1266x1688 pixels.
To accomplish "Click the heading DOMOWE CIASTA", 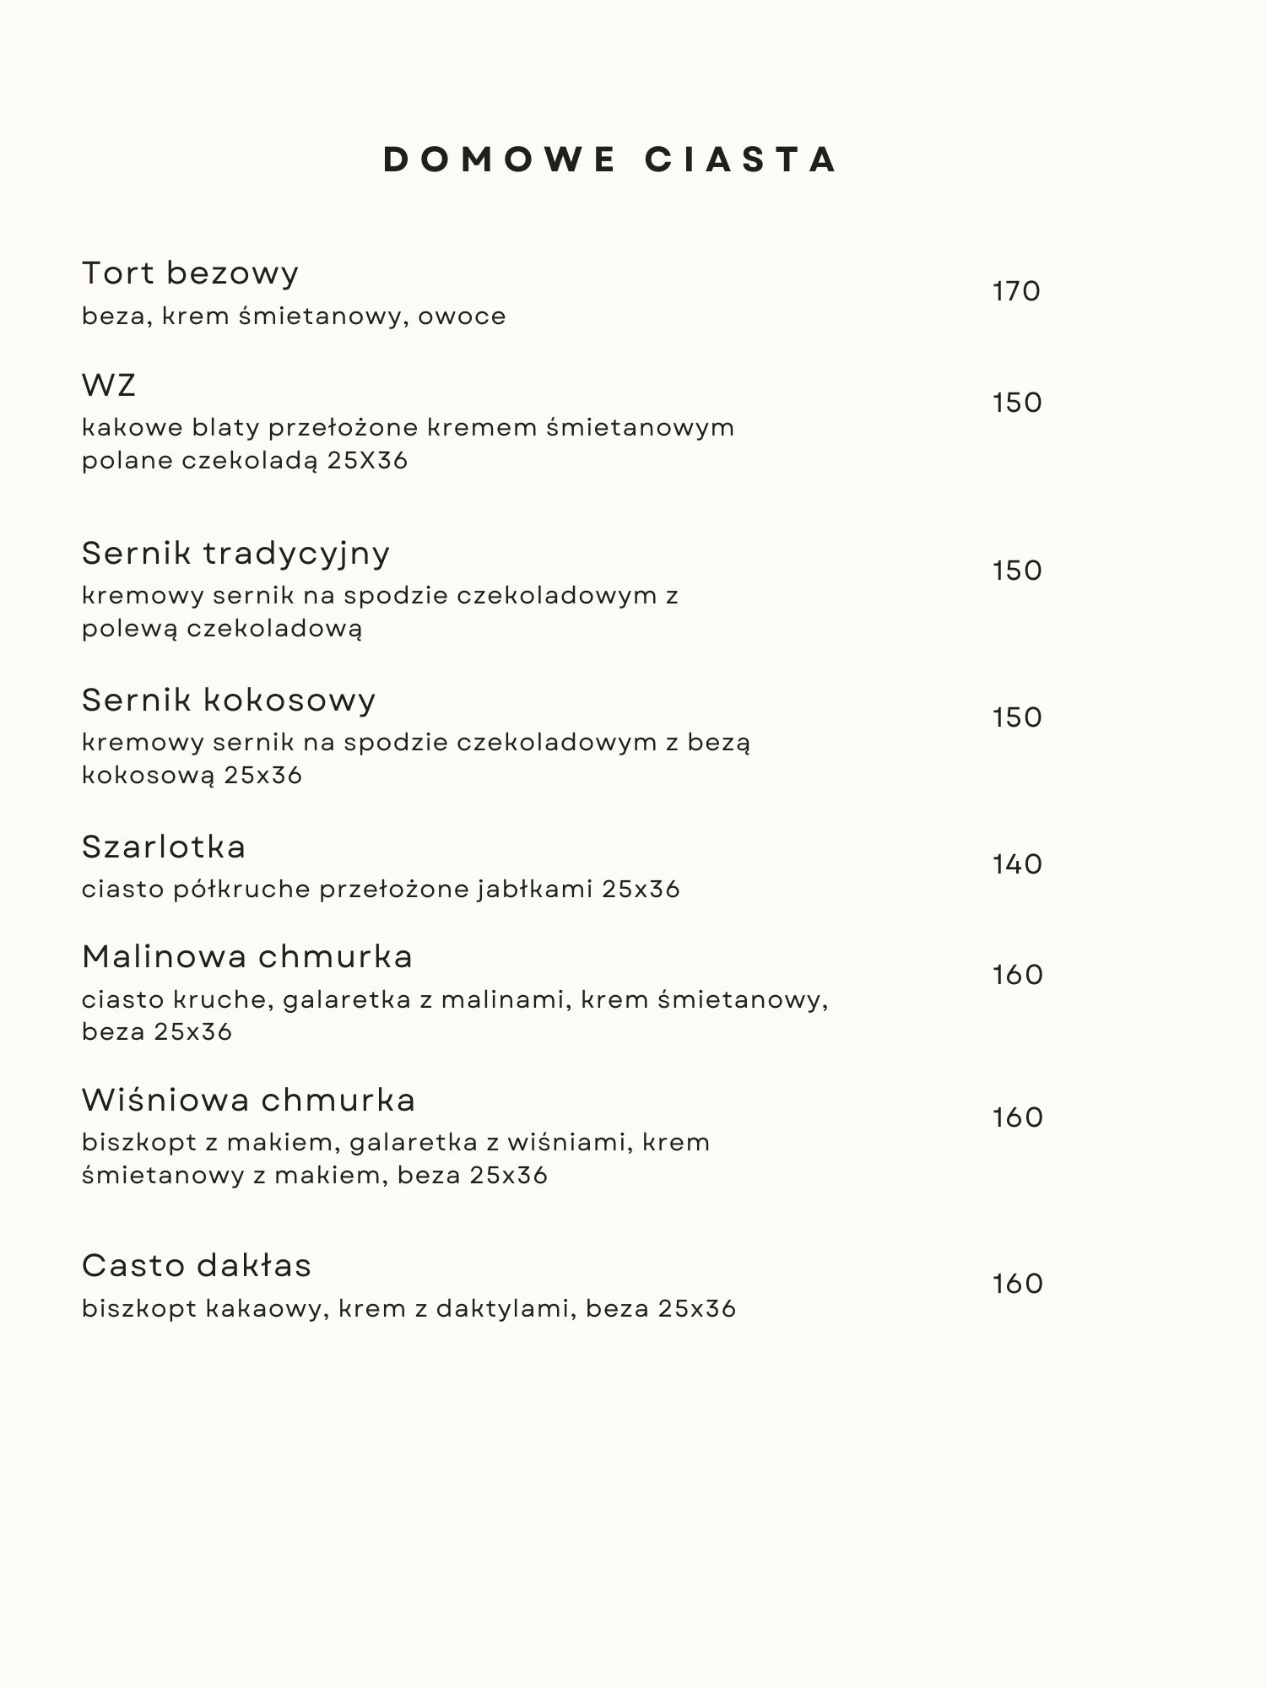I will (x=611, y=160).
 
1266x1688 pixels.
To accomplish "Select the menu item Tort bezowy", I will (x=190, y=273).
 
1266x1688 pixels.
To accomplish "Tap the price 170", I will (x=1016, y=291).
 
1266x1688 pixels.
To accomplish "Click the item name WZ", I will (x=109, y=385).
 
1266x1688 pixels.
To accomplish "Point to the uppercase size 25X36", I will (x=367, y=461).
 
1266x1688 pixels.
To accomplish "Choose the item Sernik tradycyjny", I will (x=235, y=554).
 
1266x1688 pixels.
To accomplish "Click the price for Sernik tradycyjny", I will (x=1017, y=571).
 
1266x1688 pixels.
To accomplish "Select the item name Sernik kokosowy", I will (x=229, y=700).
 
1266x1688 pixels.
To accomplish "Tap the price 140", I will (x=1017, y=864).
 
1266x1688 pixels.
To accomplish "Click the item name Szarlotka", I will (x=164, y=847).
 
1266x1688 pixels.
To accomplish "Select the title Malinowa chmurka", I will (x=247, y=957).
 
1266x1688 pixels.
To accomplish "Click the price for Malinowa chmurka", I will (x=1018, y=975).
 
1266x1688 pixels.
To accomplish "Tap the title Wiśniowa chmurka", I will (x=249, y=1101).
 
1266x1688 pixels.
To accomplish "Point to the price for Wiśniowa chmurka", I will (x=1018, y=1117).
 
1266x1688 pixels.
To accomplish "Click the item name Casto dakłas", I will (x=197, y=1266).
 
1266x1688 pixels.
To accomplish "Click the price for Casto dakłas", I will (x=1018, y=1284).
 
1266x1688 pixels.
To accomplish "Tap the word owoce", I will (x=462, y=316).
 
